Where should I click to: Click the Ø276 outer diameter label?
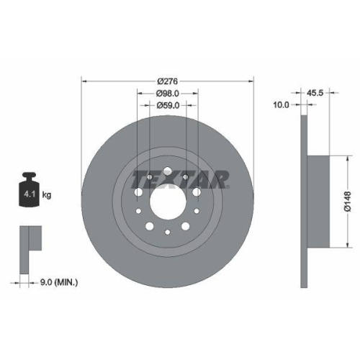pos(167,81)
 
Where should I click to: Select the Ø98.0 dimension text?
pos(167,94)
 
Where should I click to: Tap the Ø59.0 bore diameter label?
pos(167,105)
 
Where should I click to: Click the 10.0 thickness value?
pos(282,105)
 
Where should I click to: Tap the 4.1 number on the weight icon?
pos(29,194)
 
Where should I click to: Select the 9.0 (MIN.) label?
pos(57,282)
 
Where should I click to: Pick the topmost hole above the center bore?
pos(167,171)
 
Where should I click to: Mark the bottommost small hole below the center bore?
pos(167,232)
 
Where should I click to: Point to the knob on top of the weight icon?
pos(30,176)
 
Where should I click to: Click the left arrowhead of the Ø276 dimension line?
pos(84,81)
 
